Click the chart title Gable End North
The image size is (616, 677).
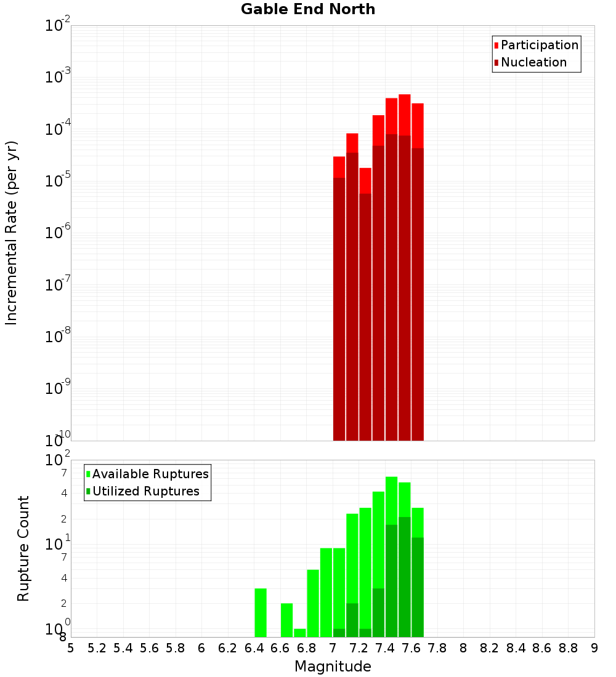click(x=308, y=9)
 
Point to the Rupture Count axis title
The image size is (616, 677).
click(x=23, y=548)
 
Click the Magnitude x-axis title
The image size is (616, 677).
click(x=333, y=667)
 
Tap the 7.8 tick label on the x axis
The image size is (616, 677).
click(x=437, y=648)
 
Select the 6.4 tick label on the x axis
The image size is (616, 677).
click(x=254, y=648)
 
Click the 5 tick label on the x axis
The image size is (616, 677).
click(x=71, y=648)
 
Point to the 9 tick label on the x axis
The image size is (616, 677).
click(x=594, y=648)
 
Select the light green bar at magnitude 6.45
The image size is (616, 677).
click(x=261, y=612)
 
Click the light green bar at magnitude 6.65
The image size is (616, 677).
click(x=286, y=620)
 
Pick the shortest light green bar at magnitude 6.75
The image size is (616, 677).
click(x=300, y=633)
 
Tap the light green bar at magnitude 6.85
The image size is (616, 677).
click(x=313, y=603)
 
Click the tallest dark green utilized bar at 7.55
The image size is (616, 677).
click(x=405, y=577)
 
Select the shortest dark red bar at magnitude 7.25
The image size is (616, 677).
click(x=365, y=317)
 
